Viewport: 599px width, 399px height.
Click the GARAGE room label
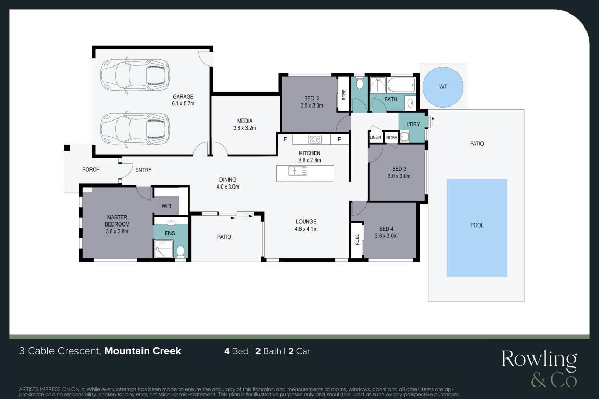tap(183, 97)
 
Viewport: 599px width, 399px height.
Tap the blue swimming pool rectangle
tap(477, 228)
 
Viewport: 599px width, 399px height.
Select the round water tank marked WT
tap(443, 86)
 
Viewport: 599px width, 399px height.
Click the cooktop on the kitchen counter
tap(315, 139)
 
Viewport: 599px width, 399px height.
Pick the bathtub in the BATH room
tap(401, 85)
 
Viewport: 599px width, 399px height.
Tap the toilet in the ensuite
tap(180, 251)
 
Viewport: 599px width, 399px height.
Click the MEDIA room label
tap(244, 121)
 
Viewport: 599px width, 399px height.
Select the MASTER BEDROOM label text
tap(118, 221)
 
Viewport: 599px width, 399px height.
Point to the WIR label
tap(166, 206)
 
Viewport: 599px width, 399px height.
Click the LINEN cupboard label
tap(375, 138)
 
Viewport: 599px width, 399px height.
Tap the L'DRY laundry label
tap(413, 124)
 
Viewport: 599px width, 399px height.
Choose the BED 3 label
tap(399, 169)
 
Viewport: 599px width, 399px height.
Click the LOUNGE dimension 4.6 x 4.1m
tap(306, 229)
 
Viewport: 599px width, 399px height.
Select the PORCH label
tap(91, 169)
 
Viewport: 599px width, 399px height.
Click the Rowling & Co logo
tap(539, 368)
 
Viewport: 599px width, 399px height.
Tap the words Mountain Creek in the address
tap(142, 351)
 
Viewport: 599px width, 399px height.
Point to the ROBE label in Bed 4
tap(357, 240)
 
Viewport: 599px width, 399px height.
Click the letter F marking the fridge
tap(285, 139)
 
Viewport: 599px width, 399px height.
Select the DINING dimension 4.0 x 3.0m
tap(228, 187)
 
